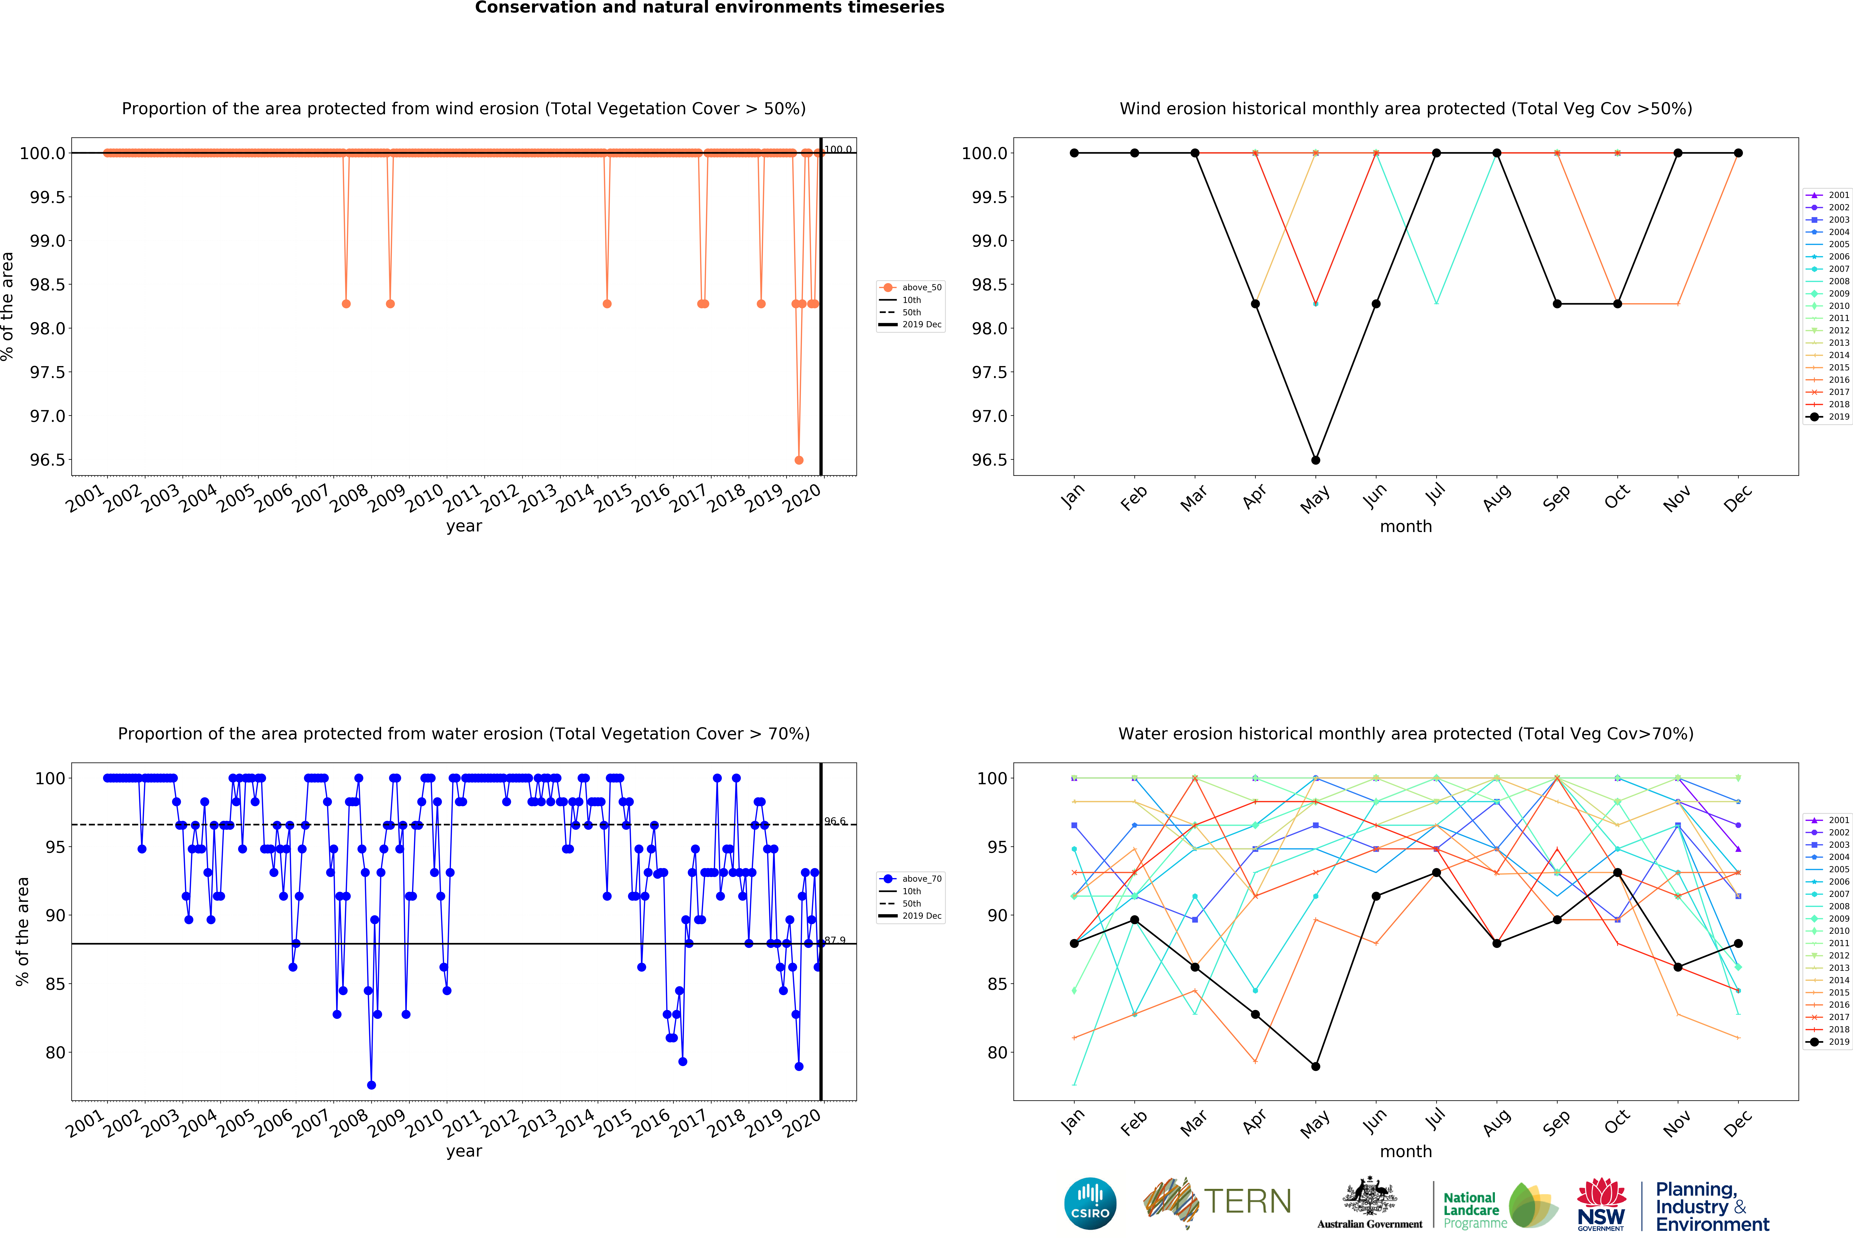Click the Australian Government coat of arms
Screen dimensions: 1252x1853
(x=1369, y=1195)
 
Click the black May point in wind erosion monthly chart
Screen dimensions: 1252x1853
(x=1316, y=460)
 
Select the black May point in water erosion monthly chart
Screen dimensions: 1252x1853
(x=1316, y=1066)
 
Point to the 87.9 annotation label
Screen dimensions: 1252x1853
(x=835, y=940)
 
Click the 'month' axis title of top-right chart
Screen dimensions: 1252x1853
(x=1406, y=527)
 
